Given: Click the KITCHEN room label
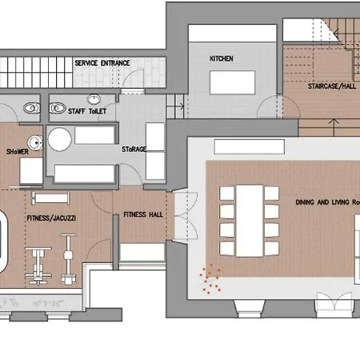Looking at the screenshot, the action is tap(222, 58).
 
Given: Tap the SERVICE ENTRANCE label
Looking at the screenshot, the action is tap(102, 63).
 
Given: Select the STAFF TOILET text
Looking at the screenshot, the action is tap(87, 111).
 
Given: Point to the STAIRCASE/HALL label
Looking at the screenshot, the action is tap(332, 86).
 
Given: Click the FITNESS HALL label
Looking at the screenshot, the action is tap(143, 214).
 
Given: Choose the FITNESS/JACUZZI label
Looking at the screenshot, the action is tap(51, 218).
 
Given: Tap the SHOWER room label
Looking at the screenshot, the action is tap(18, 152).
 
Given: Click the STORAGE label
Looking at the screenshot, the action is tap(134, 149).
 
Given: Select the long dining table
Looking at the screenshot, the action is tap(250, 221).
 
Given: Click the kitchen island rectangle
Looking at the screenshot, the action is tap(232, 82).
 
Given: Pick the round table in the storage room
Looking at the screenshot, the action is tap(59, 139).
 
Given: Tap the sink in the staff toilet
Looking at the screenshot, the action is tap(94, 99).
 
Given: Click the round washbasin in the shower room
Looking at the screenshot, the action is tap(36, 143).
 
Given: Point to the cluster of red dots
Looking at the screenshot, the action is tap(210, 278).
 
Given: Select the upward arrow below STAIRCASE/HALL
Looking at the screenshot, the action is tap(334, 127).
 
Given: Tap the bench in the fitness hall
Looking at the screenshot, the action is tap(142, 252).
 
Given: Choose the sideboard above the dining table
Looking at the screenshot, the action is tap(250, 146).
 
